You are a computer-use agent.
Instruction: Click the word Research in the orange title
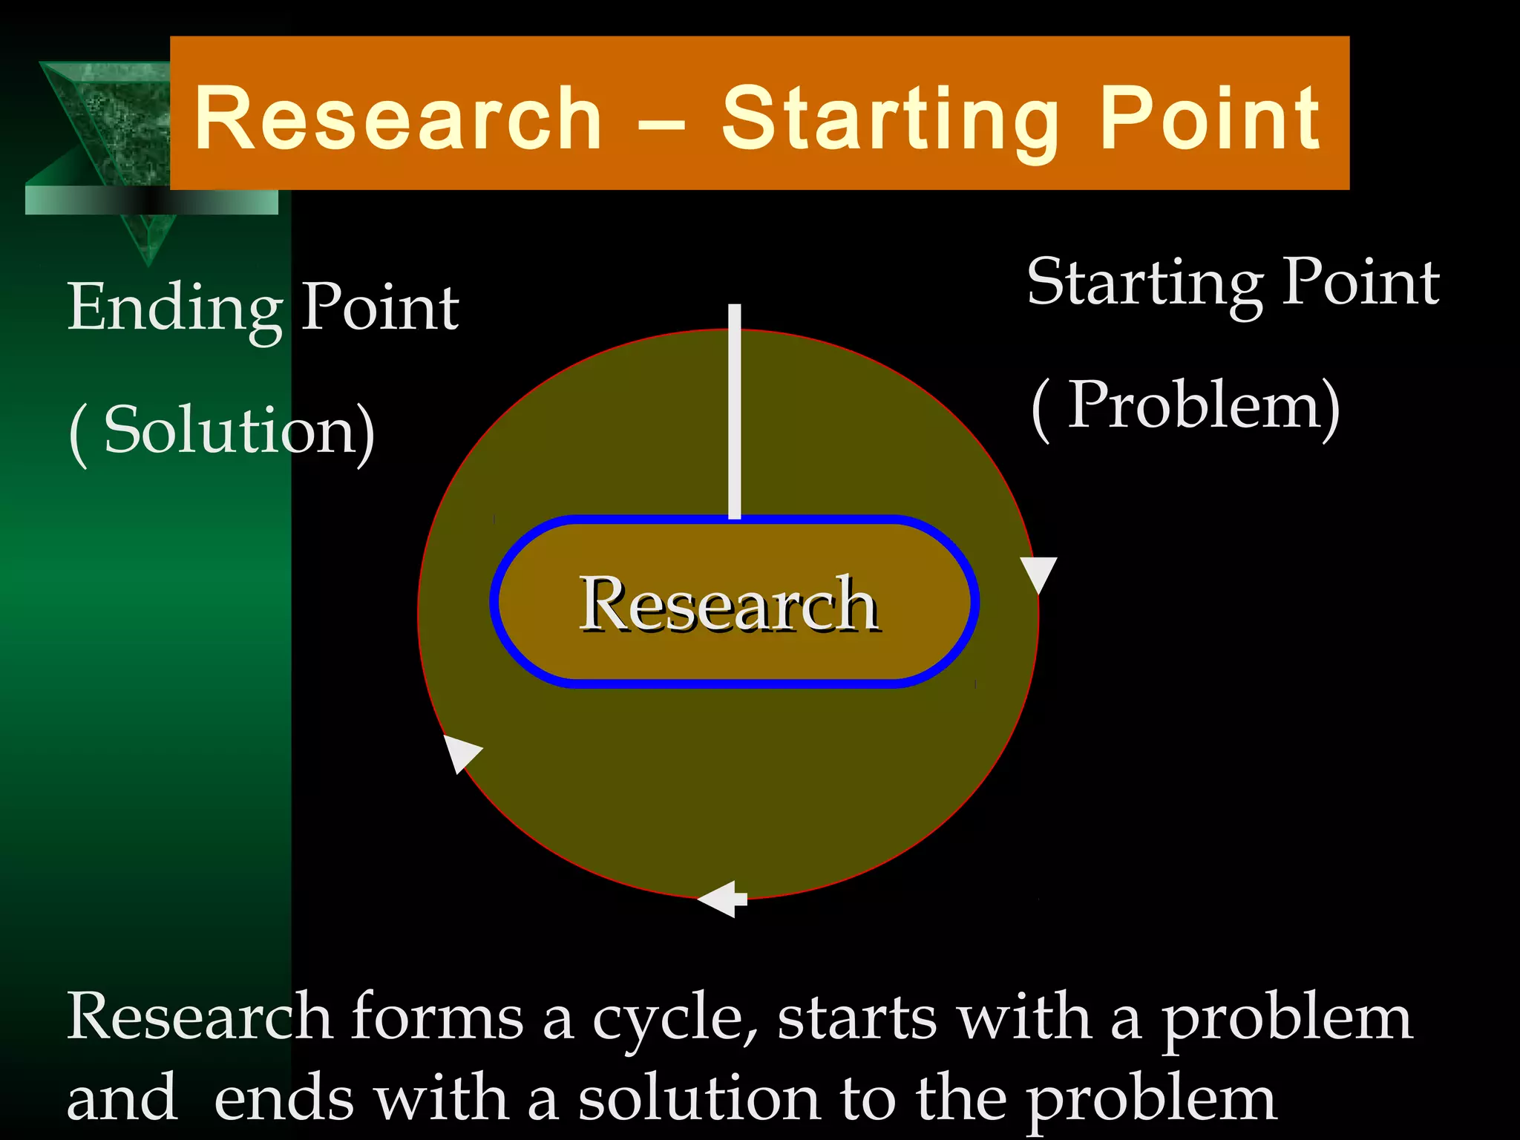click(x=398, y=119)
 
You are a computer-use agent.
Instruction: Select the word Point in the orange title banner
click(x=1210, y=119)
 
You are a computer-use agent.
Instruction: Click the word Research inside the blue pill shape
click(x=730, y=605)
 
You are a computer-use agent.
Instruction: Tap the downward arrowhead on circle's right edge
click(x=1038, y=574)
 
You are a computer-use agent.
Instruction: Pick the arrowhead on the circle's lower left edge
click(x=460, y=752)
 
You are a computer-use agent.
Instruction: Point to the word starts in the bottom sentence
click(x=856, y=1018)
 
